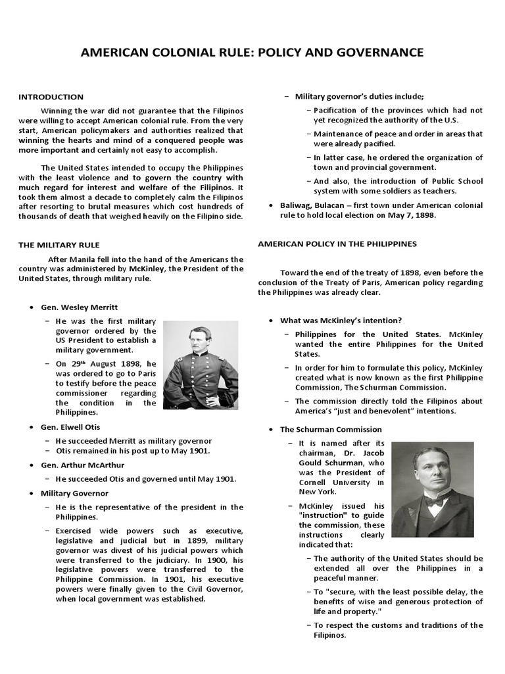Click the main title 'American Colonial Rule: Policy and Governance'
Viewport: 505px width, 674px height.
[x=252, y=53]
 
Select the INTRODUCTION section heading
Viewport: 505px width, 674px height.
[x=51, y=97]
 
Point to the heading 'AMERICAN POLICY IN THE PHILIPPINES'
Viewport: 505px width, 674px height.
[x=337, y=244]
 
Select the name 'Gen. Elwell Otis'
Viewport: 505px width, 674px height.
[x=73, y=427]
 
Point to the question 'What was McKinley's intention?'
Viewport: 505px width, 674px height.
[x=341, y=321]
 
